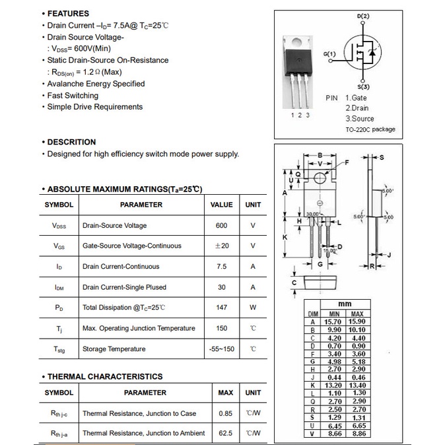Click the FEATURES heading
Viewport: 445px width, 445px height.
pyautogui.click(x=68, y=13)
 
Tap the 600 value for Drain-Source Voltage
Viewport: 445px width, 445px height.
pyautogui.click(x=221, y=226)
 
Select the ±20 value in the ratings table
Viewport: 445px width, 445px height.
pyautogui.click(x=221, y=246)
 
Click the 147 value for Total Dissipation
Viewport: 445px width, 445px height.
pyautogui.click(x=221, y=308)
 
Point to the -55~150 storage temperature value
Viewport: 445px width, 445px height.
pyautogui.click(x=221, y=349)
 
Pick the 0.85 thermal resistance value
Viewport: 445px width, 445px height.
pyautogui.click(x=225, y=414)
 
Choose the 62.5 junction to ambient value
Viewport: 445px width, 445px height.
pyautogui.click(x=225, y=434)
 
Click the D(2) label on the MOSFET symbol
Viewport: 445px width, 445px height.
pyautogui.click(x=363, y=16)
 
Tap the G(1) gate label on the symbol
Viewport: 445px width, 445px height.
pyautogui.click(x=329, y=53)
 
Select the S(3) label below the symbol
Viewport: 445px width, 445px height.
pyautogui.click(x=363, y=87)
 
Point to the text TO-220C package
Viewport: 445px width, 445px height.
pyautogui.click(x=370, y=129)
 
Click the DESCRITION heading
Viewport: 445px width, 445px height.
pyautogui.click(x=71, y=142)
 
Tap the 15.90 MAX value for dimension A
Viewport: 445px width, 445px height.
pyautogui.click(x=357, y=322)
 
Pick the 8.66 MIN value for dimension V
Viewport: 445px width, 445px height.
pyautogui.click(x=334, y=434)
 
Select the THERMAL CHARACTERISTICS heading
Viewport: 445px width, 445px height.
pyautogui.click(x=104, y=377)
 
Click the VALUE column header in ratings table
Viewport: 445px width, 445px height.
pyautogui.click(x=221, y=205)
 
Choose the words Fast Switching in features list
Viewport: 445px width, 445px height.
pyautogui.click(x=73, y=96)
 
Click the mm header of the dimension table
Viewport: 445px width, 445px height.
pyautogui.click(x=345, y=304)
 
